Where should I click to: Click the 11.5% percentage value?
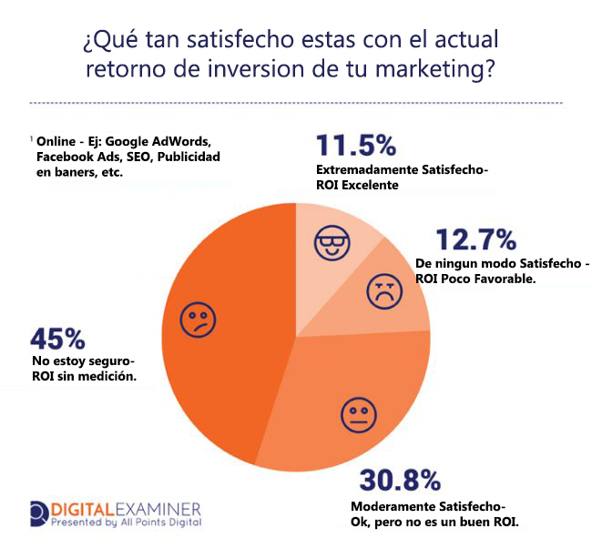[355, 146]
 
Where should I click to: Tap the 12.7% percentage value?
[475, 239]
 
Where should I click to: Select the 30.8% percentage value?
[400, 480]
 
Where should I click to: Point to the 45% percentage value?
[57, 339]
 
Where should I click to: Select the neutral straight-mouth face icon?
[357, 414]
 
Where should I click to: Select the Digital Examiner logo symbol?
[40, 513]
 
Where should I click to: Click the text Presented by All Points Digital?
[126, 523]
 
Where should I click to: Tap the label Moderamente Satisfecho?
[426, 506]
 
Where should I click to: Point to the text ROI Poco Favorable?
[478, 279]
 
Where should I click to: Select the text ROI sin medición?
[83, 375]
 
